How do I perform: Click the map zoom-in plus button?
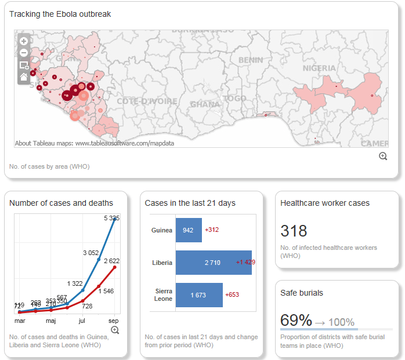tap(24, 41)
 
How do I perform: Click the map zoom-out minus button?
tap(24, 53)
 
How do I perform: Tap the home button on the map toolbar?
tap(24, 77)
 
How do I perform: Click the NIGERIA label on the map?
tap(319, 68)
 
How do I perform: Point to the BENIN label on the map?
tap(250, 60)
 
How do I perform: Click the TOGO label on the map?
tap(234, 99)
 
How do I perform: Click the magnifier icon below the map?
tap(383, 156)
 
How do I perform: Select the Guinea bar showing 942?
tap(188, 230)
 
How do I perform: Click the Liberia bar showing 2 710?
tap(212, 263)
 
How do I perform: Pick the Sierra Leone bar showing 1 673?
tap(198, 295)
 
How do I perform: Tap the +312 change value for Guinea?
tap(212, 230)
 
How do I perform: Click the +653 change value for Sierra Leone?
tap(232, 295)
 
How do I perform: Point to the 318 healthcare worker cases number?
tap(294, 231)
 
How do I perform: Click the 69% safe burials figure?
tap(296, 320)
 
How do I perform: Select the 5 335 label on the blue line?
tap(112, 219)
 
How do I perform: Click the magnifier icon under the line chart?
tap(115, 330)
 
